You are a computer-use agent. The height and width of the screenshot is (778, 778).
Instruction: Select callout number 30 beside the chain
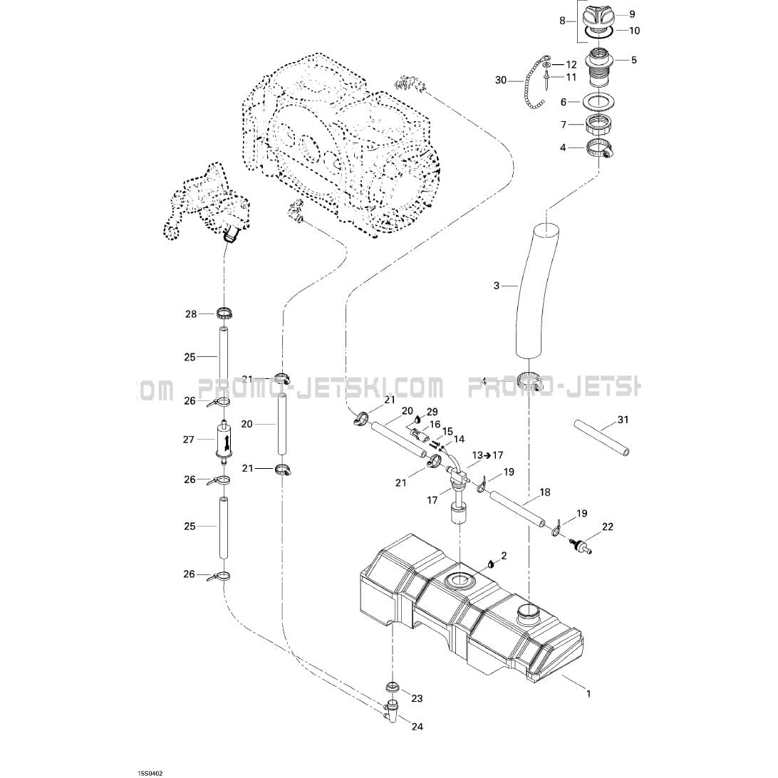tap(501, 80)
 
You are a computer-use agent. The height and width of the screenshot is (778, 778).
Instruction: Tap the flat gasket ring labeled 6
tap(601, 102)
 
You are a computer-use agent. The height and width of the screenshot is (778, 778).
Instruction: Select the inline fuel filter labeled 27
tap(223, 440)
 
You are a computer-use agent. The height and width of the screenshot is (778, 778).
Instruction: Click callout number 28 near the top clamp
tap(191, 313)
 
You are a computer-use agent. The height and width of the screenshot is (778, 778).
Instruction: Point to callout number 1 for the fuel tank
tap(588, 694)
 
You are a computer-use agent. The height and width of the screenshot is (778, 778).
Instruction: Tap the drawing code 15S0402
tap(150, 772)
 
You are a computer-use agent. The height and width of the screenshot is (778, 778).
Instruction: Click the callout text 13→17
tap(487, 455)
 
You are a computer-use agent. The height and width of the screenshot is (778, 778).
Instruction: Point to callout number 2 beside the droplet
tap(504, 556)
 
